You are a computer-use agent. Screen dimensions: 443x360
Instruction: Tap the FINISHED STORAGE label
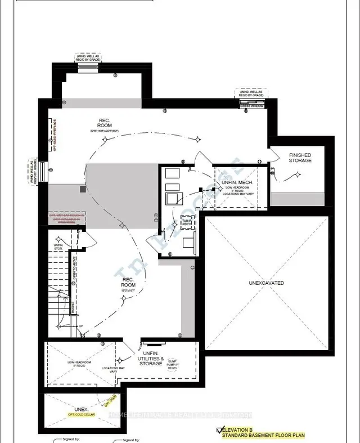[x=300, y=158]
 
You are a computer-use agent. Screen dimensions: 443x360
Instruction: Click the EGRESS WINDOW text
[x=251, y=105]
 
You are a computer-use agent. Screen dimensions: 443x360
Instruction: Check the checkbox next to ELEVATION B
[x=220, y=431]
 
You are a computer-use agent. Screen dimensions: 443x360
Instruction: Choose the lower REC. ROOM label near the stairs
[x=128, y=281]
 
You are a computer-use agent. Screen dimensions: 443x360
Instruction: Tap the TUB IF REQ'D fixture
[x=186, y=222]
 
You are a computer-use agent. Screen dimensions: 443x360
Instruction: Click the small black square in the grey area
[x=83, y=190]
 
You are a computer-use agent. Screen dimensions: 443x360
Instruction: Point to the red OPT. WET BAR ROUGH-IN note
[x=66, y=217]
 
